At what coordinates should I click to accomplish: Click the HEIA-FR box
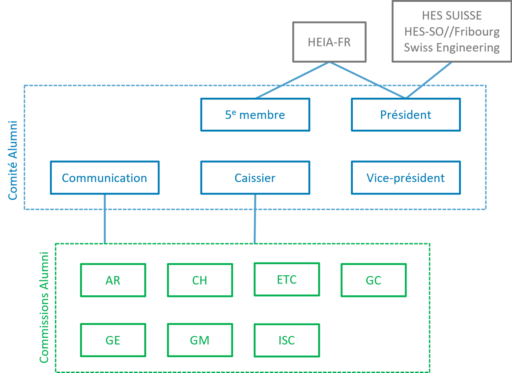click(329, 42)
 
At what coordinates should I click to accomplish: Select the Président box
click(405, 115)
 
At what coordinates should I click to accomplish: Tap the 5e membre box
click(255, 115)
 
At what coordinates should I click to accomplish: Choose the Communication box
click(105, 178)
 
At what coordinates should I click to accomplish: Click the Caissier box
click(255, 178)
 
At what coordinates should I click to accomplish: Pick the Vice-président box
click(405, 178)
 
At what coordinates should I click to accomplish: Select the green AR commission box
click(113, 280)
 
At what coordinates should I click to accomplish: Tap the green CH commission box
click(200, 280)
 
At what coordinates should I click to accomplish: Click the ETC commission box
click(286, 280)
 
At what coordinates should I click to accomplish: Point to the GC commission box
click(373, 280)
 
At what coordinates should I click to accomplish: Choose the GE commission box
click(113, 340)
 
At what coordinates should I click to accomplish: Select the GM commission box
click(200, 340)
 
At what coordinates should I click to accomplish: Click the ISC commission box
click(286, 340)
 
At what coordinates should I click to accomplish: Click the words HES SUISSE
click(451, 16)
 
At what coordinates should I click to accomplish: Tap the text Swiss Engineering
click(451, 47)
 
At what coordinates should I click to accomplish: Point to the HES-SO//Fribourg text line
click(451, 32)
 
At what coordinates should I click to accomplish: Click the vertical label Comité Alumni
click(13, 160)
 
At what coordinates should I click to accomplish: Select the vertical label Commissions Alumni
click(44, 307)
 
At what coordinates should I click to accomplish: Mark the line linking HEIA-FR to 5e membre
click(292, 80)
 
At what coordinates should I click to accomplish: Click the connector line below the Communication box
click(105, 219)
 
